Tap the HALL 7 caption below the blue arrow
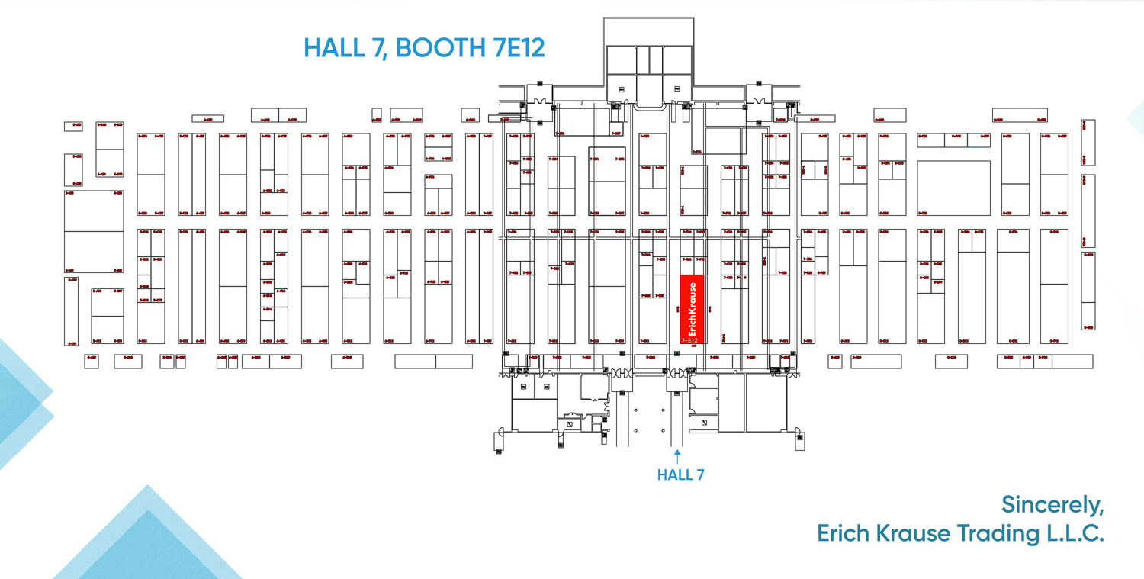click(680, 475)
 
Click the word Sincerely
click(1052, 505)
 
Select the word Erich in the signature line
click(844, 534)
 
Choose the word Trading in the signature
click(998, 534)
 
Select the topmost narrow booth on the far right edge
click(1088, 142)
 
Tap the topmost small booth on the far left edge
click(73, 126)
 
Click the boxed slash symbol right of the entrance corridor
click(705, 422)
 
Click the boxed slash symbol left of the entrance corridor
click(569, 424)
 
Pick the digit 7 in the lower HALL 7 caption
click(699, 475)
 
